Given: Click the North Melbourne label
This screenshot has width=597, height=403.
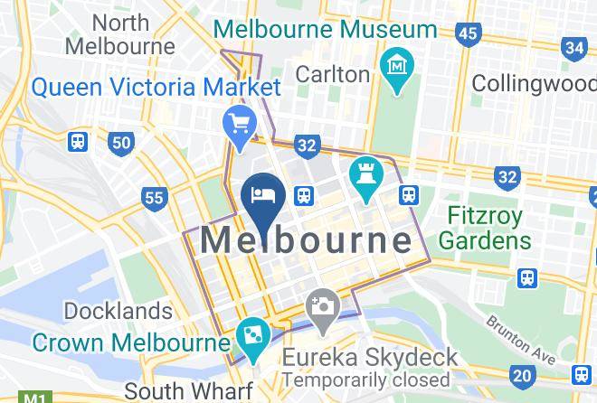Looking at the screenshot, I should tap(120, 33).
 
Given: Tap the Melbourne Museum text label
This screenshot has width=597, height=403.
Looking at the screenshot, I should tap(325, 29).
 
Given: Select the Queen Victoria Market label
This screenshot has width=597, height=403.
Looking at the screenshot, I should tap(156, 88).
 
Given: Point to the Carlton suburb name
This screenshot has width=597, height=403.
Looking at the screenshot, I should tap(333, 73).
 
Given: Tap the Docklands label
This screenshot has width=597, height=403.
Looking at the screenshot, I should tap(118, 311).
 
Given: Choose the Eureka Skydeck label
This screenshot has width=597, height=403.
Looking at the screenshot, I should tap(370, 357).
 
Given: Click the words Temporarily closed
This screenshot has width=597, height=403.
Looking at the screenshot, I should tap(366, 380).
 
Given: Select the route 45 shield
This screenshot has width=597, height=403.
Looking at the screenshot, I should tap(467, 34).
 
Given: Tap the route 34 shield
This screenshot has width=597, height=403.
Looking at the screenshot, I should tap(573, 47).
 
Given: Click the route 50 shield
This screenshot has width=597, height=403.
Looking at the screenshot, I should tap(120, 142).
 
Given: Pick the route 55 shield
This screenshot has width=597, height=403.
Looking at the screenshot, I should tap(155, 197).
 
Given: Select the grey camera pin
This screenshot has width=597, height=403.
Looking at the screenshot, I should tap(321, 307).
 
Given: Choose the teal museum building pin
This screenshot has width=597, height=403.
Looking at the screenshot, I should tap(397, 69).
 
